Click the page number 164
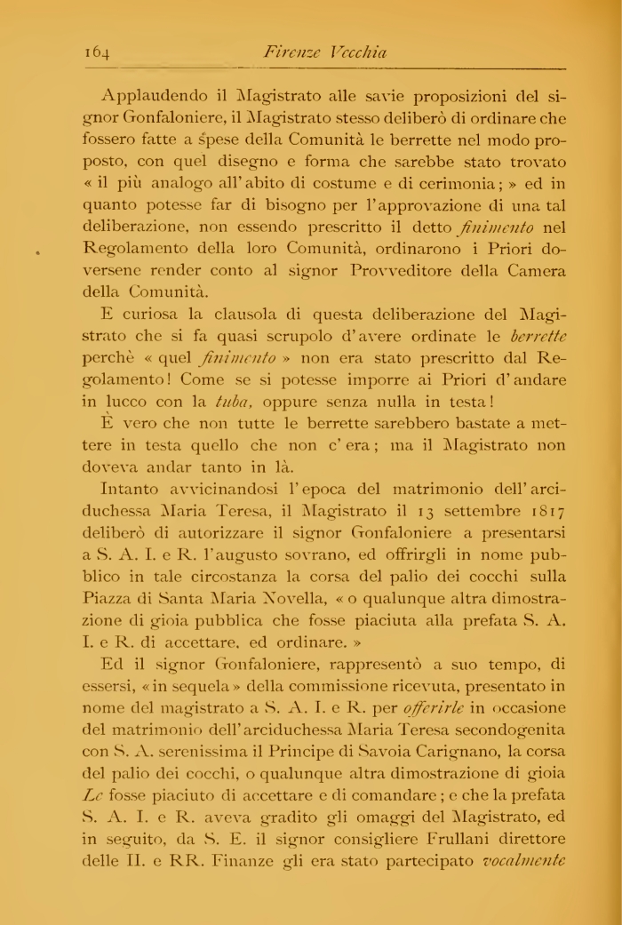coord(98,52)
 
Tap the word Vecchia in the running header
coord(357,52)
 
